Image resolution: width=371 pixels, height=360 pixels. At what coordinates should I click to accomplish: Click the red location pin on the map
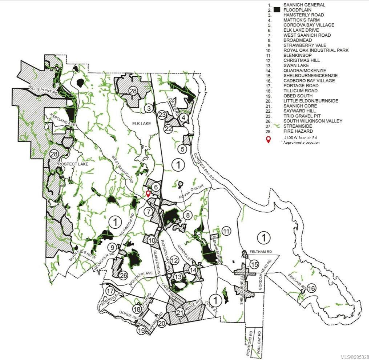(148, 193)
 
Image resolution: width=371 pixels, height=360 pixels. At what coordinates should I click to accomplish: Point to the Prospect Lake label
(72, 164)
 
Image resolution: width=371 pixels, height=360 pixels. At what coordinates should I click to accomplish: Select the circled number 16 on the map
(311, 288)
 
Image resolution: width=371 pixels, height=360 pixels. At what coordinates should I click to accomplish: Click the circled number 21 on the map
(180, 313)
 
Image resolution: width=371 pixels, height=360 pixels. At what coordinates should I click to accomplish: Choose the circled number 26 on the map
(124, 275)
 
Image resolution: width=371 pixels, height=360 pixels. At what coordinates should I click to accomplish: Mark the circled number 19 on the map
(141, 331)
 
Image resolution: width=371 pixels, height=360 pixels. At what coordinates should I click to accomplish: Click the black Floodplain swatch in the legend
(278, 10)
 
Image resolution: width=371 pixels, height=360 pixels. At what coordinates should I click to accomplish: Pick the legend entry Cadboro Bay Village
(309, 81)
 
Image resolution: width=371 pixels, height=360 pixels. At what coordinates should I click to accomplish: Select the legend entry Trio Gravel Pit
(304, 116)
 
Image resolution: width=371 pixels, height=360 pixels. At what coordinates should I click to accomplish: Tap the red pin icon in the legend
(269, 140)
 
